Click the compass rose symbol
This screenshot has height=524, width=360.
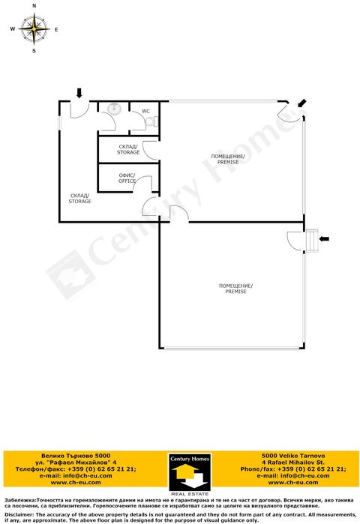coord(34,30)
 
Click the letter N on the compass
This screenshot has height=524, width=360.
coord(34,6)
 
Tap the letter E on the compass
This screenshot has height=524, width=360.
coord(57,30)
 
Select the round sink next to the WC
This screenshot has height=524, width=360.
coord(115,109)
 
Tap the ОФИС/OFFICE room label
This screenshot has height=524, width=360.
coord(127,178)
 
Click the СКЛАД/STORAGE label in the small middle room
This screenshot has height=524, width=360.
coord(128,149)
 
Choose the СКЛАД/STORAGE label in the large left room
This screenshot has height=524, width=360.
coord(80,199)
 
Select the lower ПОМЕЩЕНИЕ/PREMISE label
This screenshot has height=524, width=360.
coord(235,289)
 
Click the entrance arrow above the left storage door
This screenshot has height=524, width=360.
coord(79,92)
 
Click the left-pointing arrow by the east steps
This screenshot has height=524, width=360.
coord(325,238)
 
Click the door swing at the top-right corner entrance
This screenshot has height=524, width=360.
coord(286,112)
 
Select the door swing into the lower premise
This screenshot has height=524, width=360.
coord(294,240)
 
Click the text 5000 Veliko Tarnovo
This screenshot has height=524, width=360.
coord(292,455)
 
